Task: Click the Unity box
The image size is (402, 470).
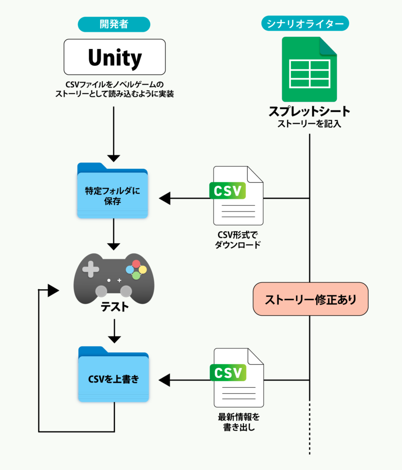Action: [114, 57]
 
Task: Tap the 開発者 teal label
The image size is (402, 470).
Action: [114, 24]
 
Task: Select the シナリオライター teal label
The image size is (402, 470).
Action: [305, 24]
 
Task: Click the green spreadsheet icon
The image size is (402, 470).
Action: [309, 69]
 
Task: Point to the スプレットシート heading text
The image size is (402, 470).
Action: [309, 112]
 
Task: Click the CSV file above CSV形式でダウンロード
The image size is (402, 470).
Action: [237, 195]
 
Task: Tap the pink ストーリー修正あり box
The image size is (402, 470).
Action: [311, 299]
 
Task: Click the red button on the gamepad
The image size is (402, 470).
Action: [136, 264]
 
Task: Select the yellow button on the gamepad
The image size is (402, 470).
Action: [143, 269]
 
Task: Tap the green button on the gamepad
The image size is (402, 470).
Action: [136, 275]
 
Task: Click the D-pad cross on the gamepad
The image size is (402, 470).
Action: [91, 269]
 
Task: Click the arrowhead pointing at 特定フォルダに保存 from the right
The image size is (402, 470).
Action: [164, 198]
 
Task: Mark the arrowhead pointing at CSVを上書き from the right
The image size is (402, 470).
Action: [164, 380]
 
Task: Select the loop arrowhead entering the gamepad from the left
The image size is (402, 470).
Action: [53, 290]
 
